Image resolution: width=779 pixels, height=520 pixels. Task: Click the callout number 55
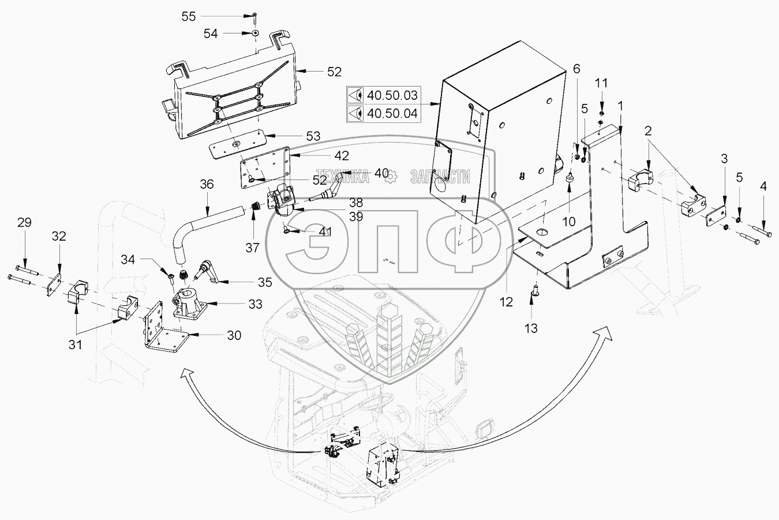189,16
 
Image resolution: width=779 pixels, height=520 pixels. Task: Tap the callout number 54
211,34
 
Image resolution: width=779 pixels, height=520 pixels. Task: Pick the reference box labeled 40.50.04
383,113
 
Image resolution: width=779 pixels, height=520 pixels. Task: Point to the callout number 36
207,185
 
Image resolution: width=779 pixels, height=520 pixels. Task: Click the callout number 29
24,223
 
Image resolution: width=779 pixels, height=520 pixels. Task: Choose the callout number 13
531,328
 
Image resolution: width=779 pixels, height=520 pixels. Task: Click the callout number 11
601,83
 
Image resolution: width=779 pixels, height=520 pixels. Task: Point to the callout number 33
255,304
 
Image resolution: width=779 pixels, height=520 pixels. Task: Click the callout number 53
313,136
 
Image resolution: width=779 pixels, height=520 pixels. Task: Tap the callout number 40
381,173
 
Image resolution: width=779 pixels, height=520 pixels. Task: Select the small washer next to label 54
254,34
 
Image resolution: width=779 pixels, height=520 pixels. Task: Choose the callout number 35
265,282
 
